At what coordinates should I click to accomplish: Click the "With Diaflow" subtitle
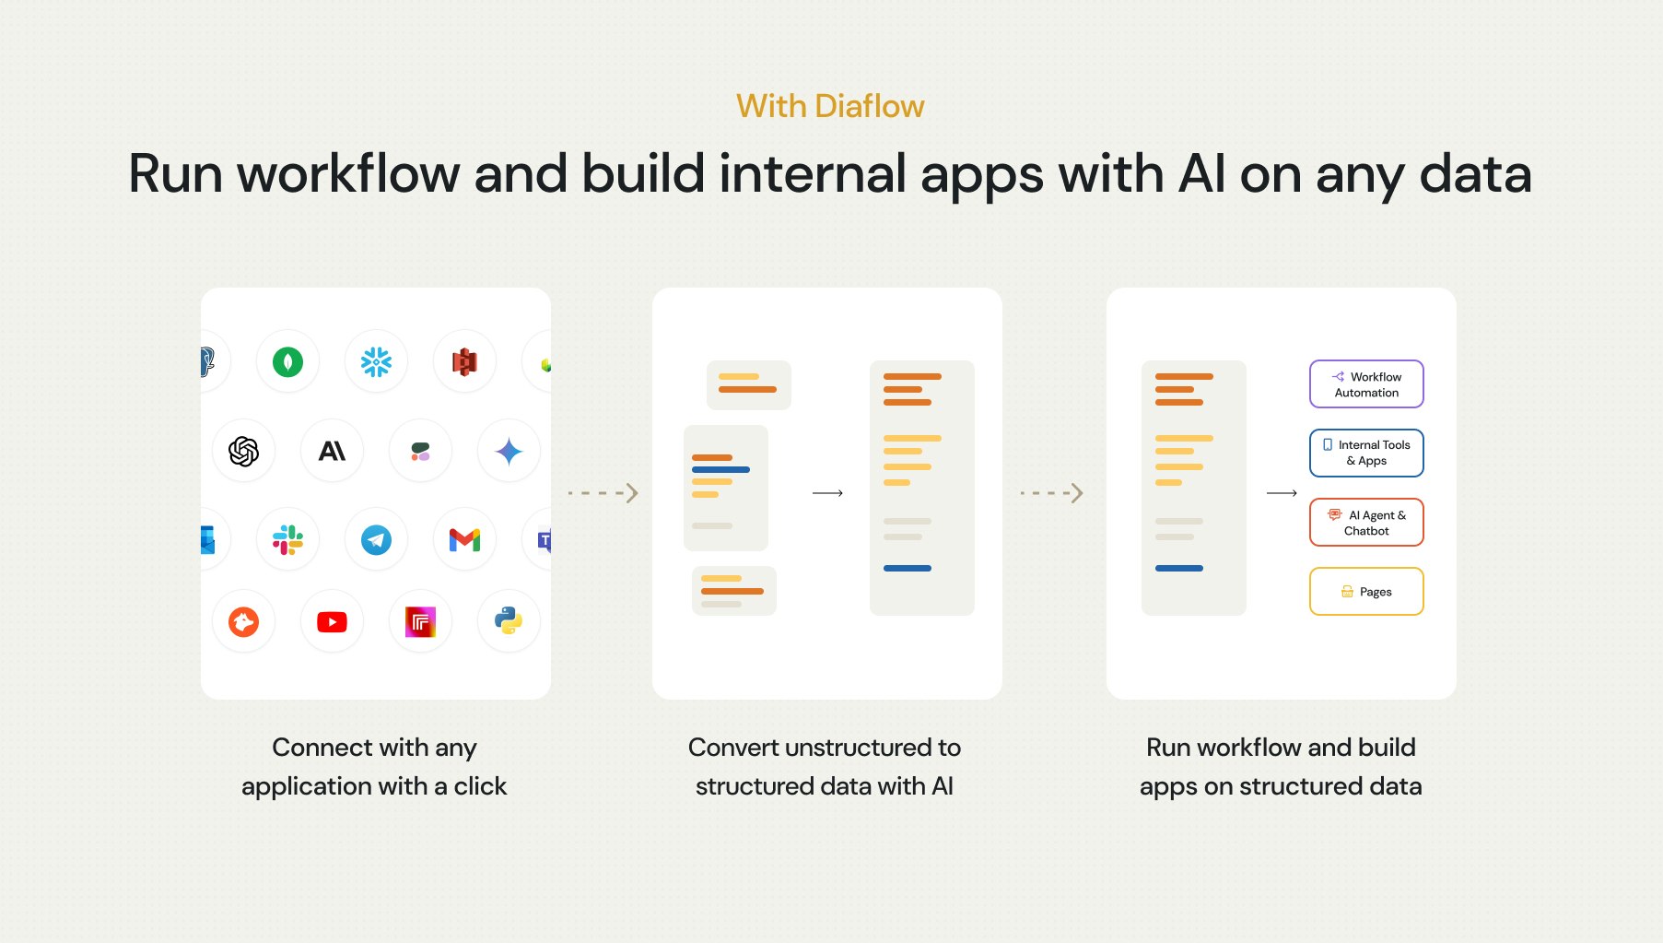(x=830, y=107)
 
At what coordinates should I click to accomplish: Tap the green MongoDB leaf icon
(x=287, y=361)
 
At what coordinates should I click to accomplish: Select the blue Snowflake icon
(x=376, y=361)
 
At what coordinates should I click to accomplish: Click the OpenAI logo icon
(x=243, y=451)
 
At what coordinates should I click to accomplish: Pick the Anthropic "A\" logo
(x=332, y=451)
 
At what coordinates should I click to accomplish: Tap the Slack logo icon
(x=287, y=539)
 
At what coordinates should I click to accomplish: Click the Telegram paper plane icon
(x=376, y=539)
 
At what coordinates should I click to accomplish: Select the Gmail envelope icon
(x=464, y=539)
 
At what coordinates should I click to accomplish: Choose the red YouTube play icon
(x=332, y=622)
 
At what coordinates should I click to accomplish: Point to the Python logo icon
(x=509, y=621)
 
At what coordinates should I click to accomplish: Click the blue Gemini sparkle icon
(x=509, y=451)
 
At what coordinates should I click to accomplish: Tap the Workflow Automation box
(x=1366, y=384)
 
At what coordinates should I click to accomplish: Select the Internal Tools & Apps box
(x=1366, y=453)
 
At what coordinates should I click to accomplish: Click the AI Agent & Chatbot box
(x=1366, y=523)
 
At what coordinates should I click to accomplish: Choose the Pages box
(x=1366, y=592)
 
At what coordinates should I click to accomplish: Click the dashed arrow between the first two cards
(x=603, y=493)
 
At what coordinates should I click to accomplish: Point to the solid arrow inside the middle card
(x=827, y=493)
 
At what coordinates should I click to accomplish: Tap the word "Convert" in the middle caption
(x=732, y=748)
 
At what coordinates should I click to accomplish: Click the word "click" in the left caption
(x=480, y=786)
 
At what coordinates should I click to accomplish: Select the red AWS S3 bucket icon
(x=464, y=361)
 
